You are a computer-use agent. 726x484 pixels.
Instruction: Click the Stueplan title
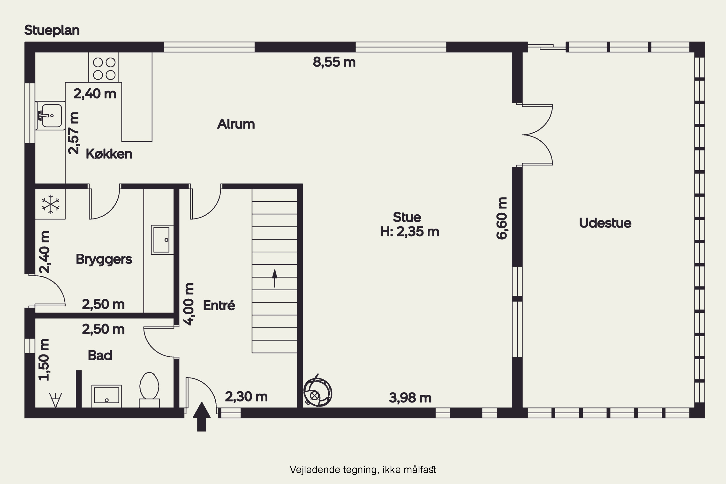52,30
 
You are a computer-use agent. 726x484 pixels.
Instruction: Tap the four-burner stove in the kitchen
104,68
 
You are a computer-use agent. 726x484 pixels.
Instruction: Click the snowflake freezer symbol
51,204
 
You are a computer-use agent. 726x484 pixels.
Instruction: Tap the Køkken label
109,154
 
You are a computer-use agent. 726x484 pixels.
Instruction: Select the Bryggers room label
104,259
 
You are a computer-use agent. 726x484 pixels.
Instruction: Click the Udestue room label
605,223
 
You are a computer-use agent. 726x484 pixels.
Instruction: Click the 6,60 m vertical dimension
502,218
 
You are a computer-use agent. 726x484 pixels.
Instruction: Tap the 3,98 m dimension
410,398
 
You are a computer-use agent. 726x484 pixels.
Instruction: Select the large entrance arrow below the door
202,417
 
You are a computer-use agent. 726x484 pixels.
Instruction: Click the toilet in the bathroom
149,390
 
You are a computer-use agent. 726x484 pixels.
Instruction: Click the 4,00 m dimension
189,304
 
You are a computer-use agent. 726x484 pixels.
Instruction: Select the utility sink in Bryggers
162,240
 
